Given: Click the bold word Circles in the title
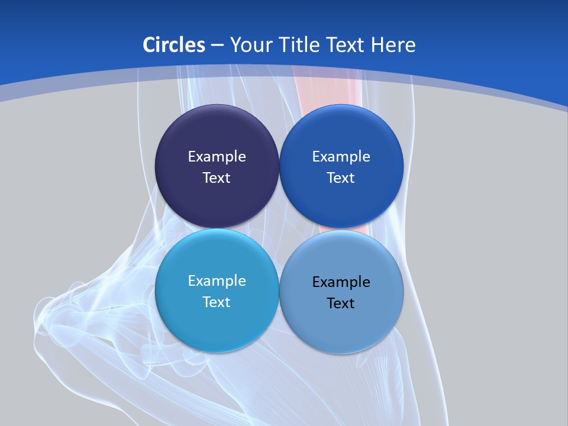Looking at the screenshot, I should coord(174,45).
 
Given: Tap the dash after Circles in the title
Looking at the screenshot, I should coord(217,46).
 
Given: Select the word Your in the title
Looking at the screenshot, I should coord(248,45).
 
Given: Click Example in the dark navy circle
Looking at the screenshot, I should coord(217,156).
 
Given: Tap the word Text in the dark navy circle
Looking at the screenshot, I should coord(217,177).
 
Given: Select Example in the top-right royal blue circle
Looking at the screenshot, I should coord(341,156).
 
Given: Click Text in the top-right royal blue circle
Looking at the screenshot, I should coord(341,177).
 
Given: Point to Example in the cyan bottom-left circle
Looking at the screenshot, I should coord(217,280).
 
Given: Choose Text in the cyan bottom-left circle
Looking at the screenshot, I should coord(217,302).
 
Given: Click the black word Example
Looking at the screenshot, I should coord(341,282).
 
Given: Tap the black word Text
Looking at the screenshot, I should coord(341,303).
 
